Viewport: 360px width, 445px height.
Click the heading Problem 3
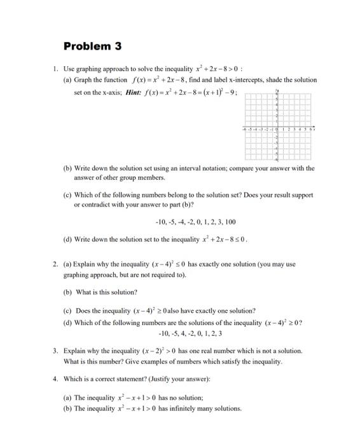tap(92, 46)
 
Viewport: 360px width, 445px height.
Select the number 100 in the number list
tap(230, 222)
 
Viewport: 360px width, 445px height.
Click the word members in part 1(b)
tap(147, 178)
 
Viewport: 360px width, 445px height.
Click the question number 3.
tap(55, 351)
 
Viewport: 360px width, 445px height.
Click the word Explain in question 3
tap(74, 351)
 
